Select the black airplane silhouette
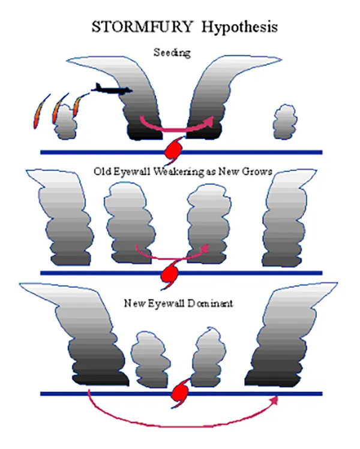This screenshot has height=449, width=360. [111, 90]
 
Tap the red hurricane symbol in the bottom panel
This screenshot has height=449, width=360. [180, 393]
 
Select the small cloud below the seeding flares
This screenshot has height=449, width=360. [63, 125]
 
